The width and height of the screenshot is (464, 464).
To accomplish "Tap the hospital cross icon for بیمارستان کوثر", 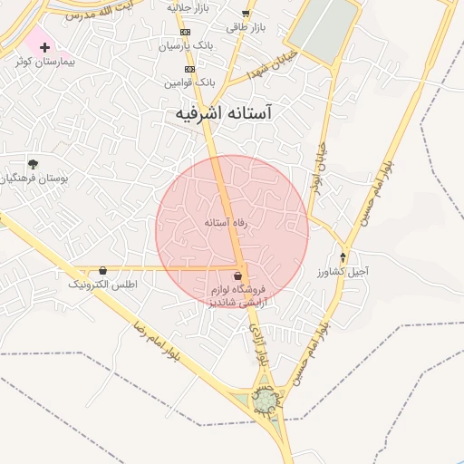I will coord(44,46).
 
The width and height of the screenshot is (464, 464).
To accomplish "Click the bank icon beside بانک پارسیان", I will coord(186,32).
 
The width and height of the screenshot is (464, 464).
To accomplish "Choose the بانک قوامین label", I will coord(188,82).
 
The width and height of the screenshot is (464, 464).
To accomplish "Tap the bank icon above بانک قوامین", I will coord(189,69).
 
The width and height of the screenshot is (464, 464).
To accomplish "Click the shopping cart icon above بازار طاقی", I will coord(246,14).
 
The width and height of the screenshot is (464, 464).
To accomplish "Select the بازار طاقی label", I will coord(246,27).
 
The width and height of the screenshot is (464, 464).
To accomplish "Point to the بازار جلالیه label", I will coord(188,6).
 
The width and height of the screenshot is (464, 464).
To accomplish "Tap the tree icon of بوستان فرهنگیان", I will coord(33,164).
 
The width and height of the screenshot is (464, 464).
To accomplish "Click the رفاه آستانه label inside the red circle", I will coord(226,221).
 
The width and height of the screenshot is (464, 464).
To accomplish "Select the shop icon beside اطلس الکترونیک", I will coord(102,270).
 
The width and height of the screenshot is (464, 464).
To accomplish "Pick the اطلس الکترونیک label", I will coord(102,284).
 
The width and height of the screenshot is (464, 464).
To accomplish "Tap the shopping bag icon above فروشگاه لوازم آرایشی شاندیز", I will coord(237,275).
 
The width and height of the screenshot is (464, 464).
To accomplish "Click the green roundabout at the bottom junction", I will coord(265,400).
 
